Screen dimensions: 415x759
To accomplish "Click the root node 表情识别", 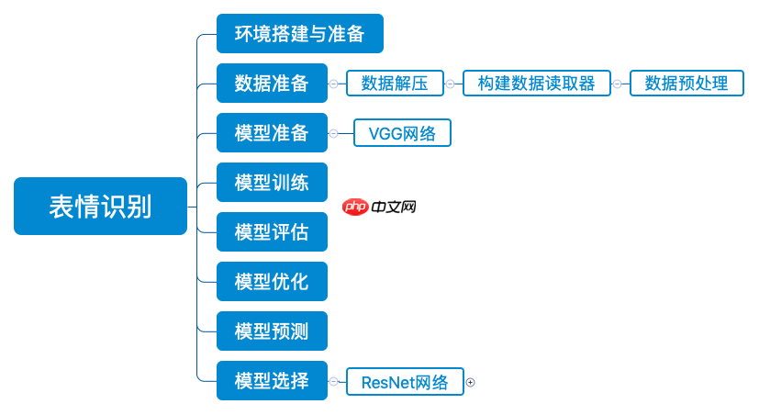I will click(x=100, y=207).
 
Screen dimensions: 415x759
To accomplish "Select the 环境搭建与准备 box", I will click(x=299, y=34).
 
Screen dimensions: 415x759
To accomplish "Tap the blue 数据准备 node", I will click(x=272, y=84).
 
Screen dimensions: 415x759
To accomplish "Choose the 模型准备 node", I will click(x=272, y=133).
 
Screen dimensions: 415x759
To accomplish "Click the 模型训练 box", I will click(x=272, y=183).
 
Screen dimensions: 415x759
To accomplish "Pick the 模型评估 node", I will click(x=272, y=232).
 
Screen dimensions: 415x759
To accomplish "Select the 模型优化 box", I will click(x=272, y=282).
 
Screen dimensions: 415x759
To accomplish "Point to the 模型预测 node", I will click(x=272, y=331).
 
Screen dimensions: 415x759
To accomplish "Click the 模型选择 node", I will click(x=272, y=381).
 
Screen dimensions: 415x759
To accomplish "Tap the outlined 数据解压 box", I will click(x=395, y=84).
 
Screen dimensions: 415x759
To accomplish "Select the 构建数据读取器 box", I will click(x=537, y=84).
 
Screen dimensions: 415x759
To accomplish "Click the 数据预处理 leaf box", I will click(x=686, y=84).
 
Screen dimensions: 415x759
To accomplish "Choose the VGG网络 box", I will click(x=402, y=133).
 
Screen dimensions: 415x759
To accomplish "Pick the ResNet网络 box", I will click(x=405, y=382).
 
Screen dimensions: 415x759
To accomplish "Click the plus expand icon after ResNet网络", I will click(x=471, y=382).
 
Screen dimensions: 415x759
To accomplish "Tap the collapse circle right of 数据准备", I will click(x=333, y=84).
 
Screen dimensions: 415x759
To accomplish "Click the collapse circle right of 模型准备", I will click(x=333, y=133).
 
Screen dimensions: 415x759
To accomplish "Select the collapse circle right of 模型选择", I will click(x=333, y=381).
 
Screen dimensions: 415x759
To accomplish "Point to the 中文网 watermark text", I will click(x=395, y=207).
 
